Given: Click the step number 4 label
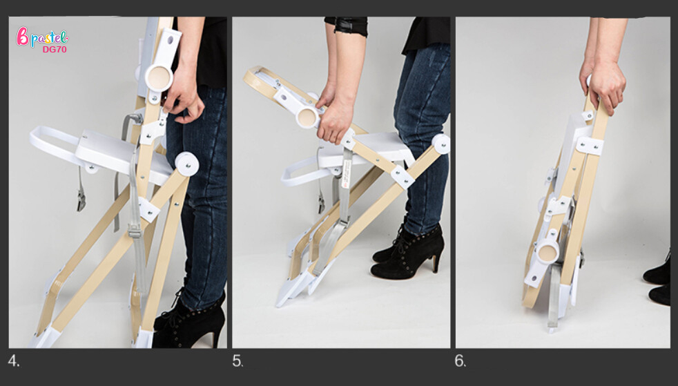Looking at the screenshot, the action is coord(13,361).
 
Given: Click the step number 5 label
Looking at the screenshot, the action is coord(238,361).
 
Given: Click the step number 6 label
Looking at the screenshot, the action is coord(460,361).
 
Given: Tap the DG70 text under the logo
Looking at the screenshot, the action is coord(55,50).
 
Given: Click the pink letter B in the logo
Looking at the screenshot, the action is coord(22,37).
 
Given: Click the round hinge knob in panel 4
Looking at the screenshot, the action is coord(159,78).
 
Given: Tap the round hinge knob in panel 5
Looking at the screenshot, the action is coord(307,117).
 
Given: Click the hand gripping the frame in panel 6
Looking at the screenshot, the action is coord(605,86).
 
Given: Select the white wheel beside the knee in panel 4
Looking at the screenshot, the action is coord(187,164).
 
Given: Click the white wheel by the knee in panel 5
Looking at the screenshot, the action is coord(440,144).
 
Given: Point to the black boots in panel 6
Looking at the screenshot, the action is coord(659,281).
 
